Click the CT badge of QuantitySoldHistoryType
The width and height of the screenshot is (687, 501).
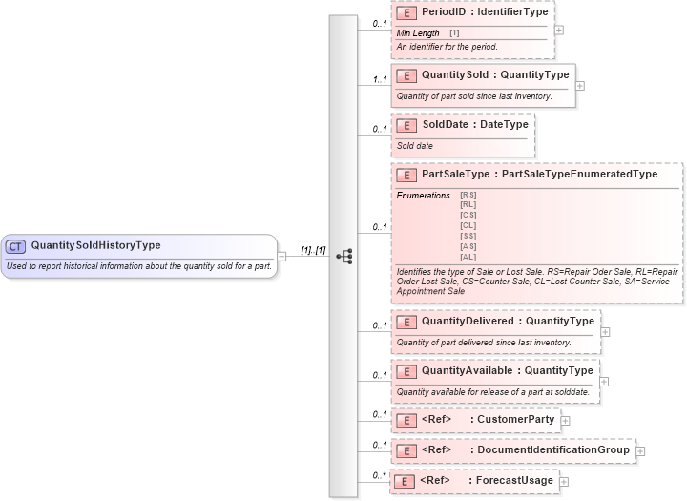(15, 246)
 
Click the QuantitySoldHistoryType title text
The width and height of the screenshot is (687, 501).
(95, 245)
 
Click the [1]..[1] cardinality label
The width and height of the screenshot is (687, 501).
(313, 250)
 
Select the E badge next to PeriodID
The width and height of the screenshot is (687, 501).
(406, 14)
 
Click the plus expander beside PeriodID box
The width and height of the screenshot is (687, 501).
(559, 30)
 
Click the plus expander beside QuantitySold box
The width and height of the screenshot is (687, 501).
(580, 86)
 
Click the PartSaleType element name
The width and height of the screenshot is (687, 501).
(456, 175)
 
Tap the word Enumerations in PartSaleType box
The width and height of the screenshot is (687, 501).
(424, 196)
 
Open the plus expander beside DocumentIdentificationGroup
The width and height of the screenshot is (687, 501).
(640, 450)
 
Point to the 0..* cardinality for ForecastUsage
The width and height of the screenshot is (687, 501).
(379, 475)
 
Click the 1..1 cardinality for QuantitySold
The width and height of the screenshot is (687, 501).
(379, 80)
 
